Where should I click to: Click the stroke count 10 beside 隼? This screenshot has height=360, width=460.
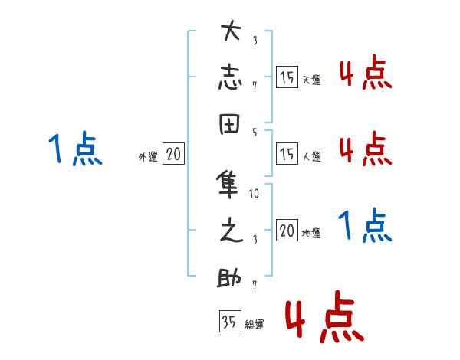[255, 193]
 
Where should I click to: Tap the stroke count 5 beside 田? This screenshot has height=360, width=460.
[255, 131]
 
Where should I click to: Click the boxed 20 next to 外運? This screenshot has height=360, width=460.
[173, 154]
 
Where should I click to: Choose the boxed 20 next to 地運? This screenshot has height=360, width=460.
[287, 231]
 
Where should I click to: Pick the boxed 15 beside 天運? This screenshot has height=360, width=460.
[287, 77]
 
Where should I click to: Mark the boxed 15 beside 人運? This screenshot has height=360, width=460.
[287, 154]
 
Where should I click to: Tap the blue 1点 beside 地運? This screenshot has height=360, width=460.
[365, 227]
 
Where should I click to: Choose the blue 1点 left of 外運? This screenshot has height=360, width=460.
[74, 149]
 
